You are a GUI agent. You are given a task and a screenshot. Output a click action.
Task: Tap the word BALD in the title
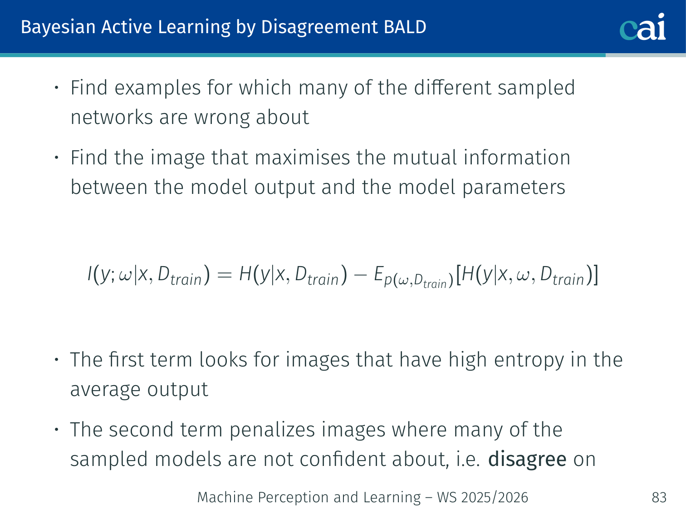tap(405, 27)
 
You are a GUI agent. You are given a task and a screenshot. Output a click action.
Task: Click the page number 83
tap(659, 497)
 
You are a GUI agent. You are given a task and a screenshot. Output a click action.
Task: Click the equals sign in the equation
tap(225, 275)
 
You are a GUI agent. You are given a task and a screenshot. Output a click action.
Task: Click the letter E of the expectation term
tap(378, 273)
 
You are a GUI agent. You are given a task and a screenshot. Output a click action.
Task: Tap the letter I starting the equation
tap(90, 273)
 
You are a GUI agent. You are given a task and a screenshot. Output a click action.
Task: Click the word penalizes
tap(272, 430)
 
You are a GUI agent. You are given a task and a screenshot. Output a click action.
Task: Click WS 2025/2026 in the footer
tap(483, 497)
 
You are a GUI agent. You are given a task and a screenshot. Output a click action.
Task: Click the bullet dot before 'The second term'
tap(56, 430)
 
